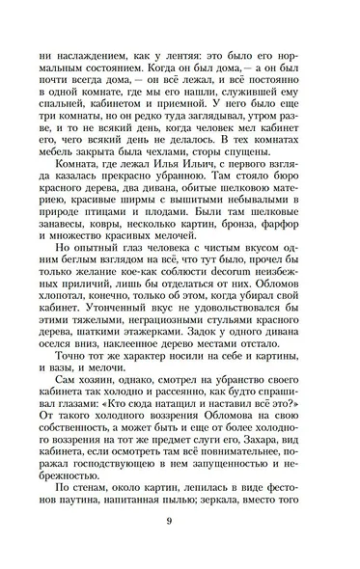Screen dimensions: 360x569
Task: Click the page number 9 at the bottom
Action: (180, 524)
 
